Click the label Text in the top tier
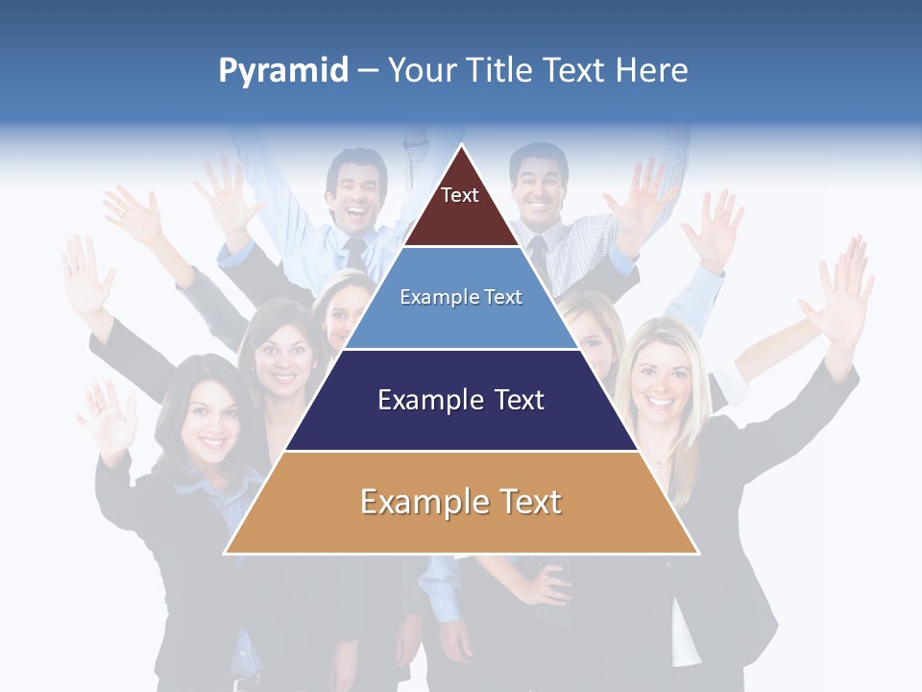(460, 195)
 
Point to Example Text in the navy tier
(461, 400)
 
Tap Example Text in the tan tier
(461, 502)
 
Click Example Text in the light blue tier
(461, 297)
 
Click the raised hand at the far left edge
(86, 274)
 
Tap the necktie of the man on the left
(356, 254)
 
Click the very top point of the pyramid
(462, 146)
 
